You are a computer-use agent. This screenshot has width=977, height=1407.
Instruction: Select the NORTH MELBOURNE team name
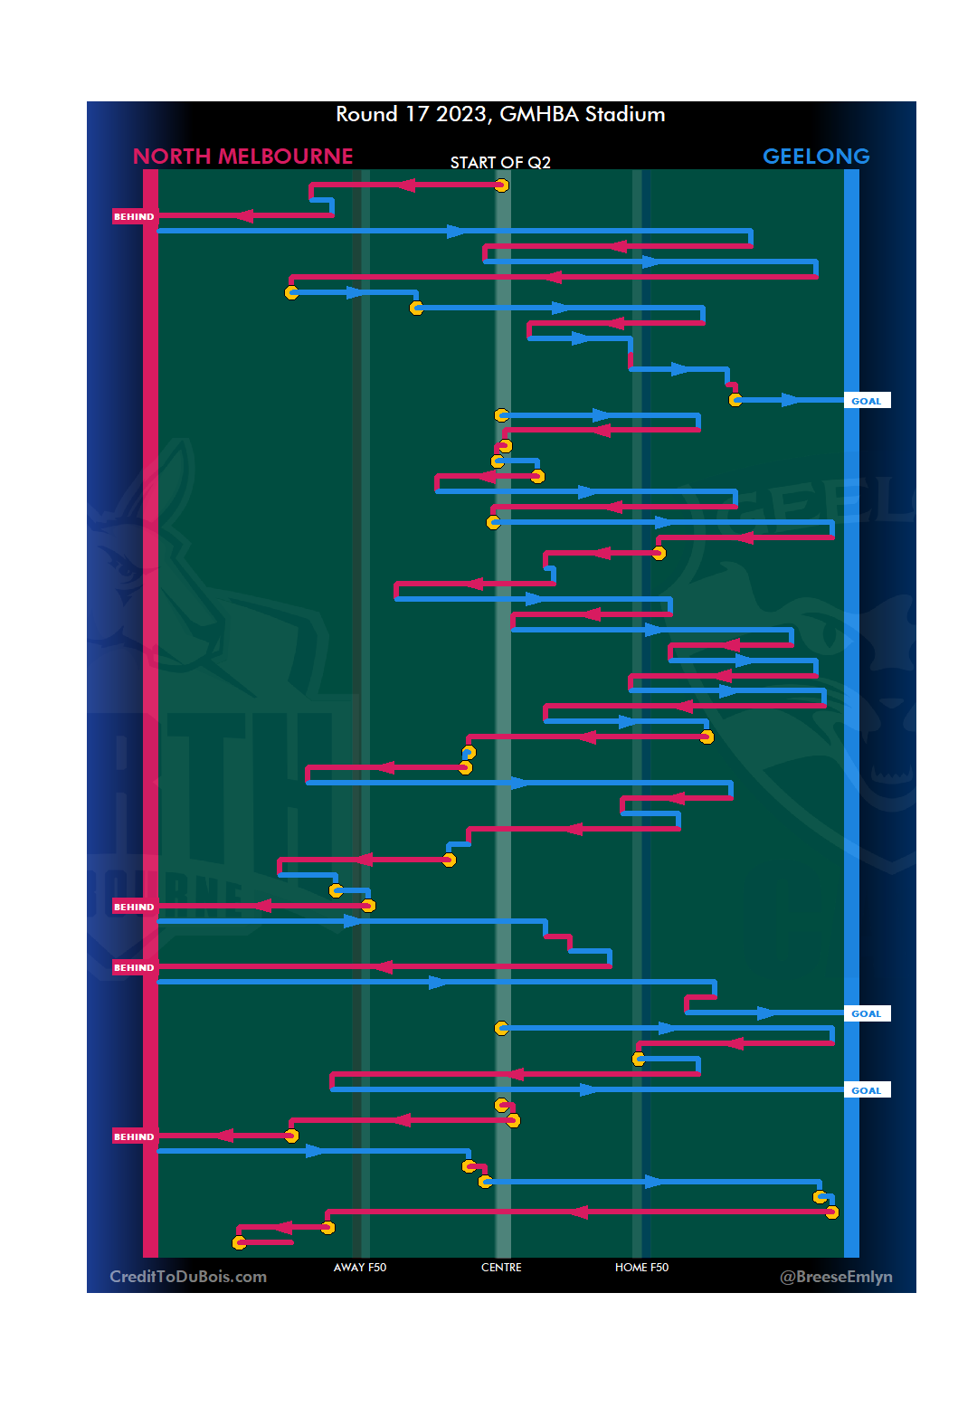coord(242,157)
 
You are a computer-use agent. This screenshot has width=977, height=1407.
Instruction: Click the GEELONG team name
coord(816,157)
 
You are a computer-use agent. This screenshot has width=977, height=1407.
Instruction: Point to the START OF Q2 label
coord(500,163)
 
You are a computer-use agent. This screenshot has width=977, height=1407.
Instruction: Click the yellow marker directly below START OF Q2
coord(501,185)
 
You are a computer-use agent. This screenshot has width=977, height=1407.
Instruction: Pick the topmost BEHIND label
coord(134,217)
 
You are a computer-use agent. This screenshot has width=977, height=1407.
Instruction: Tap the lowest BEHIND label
coord(134,1136)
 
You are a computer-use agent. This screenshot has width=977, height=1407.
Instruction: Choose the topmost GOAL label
coord(866,401)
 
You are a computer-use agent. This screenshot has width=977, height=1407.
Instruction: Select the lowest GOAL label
coord(866,1090)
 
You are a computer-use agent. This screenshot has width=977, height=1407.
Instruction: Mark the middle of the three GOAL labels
coord(866,1013)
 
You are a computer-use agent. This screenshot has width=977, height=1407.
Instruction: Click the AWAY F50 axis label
coord(360,1268)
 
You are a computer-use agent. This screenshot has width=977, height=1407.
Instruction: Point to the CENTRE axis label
coord(501,1268)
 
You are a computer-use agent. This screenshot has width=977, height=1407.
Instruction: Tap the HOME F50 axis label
coord(641,1268)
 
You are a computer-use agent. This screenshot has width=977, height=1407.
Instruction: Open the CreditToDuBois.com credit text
coord(188,1277)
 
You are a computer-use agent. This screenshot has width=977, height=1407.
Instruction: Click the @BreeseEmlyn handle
coord(836,1277)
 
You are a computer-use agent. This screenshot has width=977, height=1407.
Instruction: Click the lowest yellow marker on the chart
coord(239,1242)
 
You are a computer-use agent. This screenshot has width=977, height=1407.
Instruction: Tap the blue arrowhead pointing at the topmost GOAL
coord(792,400)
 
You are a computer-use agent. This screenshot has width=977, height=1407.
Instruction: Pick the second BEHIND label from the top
coord(134,907)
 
